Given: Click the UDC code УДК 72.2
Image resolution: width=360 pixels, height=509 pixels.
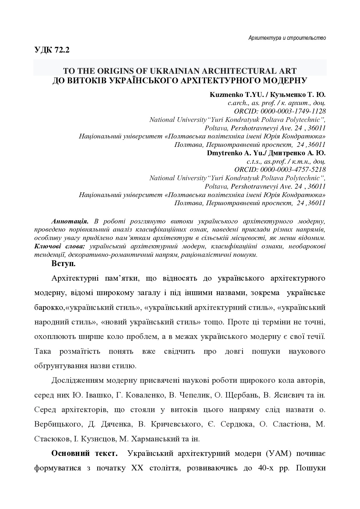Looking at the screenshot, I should [52, 50].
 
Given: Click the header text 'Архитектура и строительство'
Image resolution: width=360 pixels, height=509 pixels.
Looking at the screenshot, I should [287, 38].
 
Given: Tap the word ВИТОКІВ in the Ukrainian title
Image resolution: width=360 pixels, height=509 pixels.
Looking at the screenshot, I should [86, 80].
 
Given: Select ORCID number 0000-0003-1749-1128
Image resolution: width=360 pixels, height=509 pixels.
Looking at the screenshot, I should [293, 111].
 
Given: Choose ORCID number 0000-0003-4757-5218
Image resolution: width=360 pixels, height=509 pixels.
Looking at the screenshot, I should [293, 169].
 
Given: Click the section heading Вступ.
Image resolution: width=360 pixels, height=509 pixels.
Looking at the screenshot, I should [64, 264].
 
